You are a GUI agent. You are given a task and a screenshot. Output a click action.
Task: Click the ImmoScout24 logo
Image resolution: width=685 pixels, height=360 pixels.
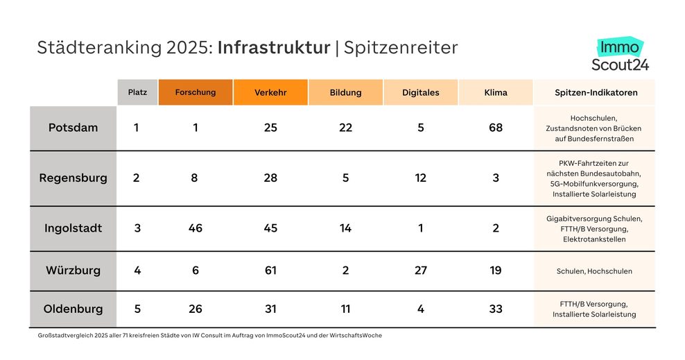[x=620, y=55]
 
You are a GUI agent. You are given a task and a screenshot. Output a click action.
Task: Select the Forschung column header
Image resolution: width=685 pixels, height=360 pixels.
[x=196, y=92]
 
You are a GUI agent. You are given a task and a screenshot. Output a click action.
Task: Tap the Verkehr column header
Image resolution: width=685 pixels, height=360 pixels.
[x=270, y=92]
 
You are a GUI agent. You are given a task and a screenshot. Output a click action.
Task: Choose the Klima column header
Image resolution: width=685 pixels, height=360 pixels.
[x=496, y=92]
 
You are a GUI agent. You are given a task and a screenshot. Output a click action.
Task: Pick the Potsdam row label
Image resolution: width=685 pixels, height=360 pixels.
[x=73, y=128]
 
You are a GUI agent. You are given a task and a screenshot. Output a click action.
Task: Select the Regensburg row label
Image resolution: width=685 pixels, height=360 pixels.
[x=73, y=178]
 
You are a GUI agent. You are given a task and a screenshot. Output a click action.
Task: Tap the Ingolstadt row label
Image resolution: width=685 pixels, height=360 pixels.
[x=73, y=228]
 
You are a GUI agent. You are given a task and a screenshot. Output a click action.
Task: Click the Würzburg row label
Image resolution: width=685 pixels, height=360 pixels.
[x=73, y=271]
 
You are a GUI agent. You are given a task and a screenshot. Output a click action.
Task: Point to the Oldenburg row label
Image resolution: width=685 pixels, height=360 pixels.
[x=73, y=309]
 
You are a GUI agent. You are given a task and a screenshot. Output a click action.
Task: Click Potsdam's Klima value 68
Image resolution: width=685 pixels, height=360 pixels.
[x=496, y=128]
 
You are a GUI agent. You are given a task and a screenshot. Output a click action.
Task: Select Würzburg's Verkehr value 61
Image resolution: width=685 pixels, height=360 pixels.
[x=270, y=271]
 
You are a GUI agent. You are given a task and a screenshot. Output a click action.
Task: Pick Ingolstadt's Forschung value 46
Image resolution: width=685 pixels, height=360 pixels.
[x=196, y=228]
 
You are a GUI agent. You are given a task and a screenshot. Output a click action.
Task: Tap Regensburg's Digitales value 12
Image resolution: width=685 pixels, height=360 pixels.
[x=421, y=178]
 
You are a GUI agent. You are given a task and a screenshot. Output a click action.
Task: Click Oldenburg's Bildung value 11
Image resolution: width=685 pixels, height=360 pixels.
[x=346, y=309]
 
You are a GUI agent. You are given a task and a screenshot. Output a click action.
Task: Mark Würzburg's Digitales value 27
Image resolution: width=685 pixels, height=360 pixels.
[x=421, y=271]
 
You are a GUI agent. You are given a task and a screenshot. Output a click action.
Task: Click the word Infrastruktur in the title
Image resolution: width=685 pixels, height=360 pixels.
[x=274, y=48]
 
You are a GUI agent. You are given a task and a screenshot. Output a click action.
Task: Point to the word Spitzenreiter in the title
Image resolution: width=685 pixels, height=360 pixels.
[x=400, y=48]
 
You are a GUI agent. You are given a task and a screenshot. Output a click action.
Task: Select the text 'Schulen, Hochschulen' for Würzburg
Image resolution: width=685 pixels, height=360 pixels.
[x=594, y=271]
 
